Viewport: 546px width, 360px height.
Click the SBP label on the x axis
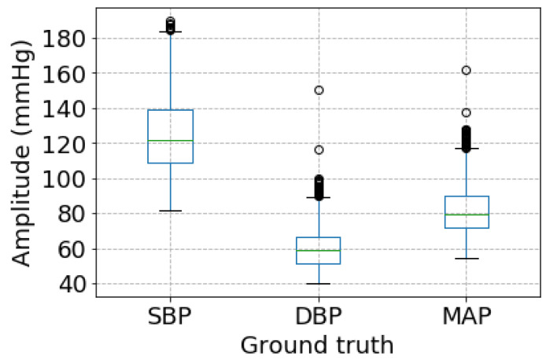pos(170,318)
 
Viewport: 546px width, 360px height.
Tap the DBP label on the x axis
pos(318,318)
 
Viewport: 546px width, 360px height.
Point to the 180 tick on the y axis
pos(68,38)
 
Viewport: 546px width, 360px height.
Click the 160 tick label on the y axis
pos(68,73)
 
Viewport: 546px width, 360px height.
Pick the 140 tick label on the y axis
pos(68,108)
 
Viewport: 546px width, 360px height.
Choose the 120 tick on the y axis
pos(68,144)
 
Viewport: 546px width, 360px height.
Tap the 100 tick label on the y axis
pos(68,178)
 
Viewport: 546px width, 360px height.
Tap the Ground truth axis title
pos(317,344)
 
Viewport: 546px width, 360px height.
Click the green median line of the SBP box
pos(170,141)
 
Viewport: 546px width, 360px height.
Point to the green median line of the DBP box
pos(318,251)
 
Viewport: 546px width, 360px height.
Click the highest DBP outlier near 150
pos(318,90)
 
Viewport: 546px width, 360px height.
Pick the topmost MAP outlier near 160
pos(466,71)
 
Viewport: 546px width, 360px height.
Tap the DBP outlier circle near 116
pos(318,149)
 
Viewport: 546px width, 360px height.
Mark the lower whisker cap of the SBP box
pos(170,211)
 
